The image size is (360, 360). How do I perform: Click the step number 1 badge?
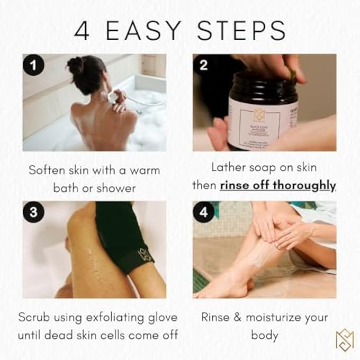33,66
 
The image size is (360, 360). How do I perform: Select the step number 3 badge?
33,213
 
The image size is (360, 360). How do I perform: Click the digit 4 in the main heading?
82,30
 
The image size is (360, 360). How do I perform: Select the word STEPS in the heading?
242,30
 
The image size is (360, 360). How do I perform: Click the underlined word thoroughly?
304,185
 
